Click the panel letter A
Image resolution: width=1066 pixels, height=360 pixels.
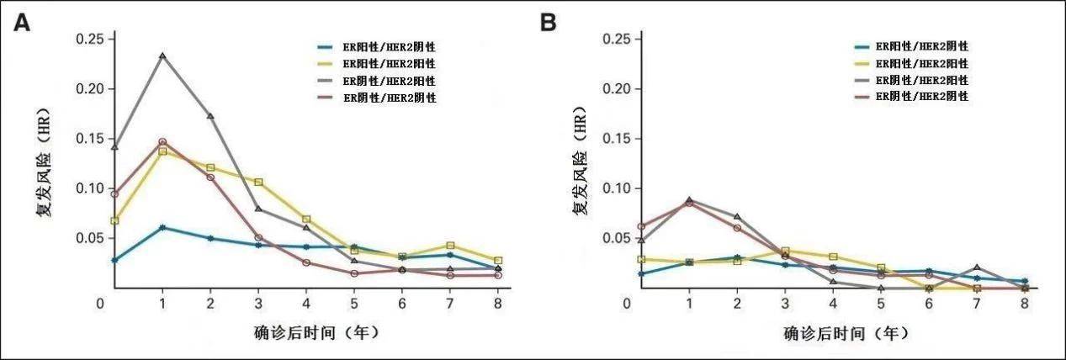point(22,23)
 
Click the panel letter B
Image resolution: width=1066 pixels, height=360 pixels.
point(548,23)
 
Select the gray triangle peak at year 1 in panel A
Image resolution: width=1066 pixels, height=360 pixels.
point(162,56)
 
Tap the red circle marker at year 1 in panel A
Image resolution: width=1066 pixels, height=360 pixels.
point(162,142)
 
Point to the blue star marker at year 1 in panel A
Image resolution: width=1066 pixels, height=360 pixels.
point(162,227)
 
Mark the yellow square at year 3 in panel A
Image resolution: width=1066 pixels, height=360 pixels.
point(258,182)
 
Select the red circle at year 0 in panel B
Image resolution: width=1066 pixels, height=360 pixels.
point(641,226)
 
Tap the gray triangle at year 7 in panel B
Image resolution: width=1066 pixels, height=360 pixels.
point(977,267)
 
